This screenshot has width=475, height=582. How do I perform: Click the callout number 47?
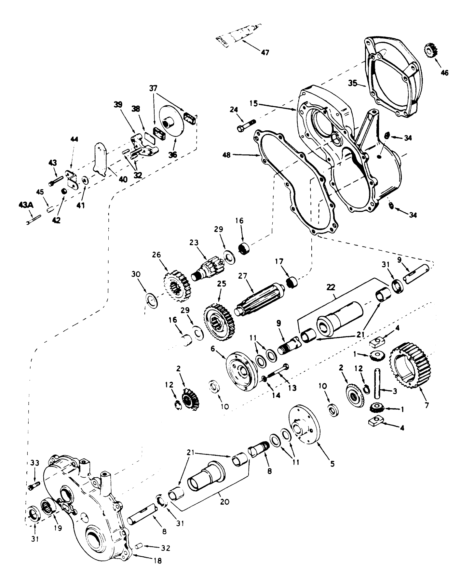pos(265,52)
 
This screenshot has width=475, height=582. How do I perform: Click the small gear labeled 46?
pos(431,51)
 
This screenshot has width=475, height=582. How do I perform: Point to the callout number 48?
pos(226,155)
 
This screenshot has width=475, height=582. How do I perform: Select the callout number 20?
pos(224,502)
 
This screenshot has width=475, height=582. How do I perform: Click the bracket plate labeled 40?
pos(101,159)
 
